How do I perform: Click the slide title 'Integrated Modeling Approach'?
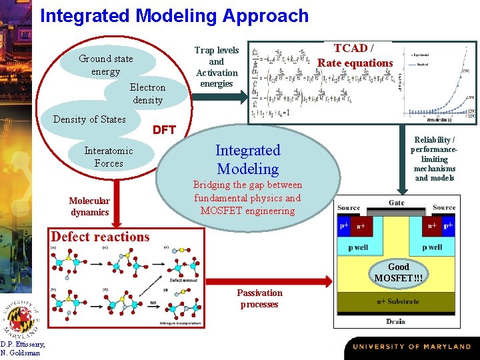tap(174, 16)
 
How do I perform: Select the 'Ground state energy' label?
tap(105, 65)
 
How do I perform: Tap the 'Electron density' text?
tap(147, 93)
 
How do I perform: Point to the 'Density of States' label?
tap(89, 119)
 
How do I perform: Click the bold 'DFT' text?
tap(164, 130)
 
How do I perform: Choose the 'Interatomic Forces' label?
tap(108, 157)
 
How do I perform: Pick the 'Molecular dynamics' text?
tap(89, 207)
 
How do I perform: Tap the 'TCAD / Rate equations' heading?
tap(355, 55)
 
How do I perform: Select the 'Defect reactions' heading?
tap(100, 237)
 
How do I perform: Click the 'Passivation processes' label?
tap(259, 299)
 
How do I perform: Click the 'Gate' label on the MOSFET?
tap(397, 203)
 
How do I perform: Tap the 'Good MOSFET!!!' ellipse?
tap(398, 272)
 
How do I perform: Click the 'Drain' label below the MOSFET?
tap(396, 321)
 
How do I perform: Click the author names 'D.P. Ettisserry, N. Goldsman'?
tap(22, 348)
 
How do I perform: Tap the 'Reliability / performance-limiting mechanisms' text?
tap(434, 159)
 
